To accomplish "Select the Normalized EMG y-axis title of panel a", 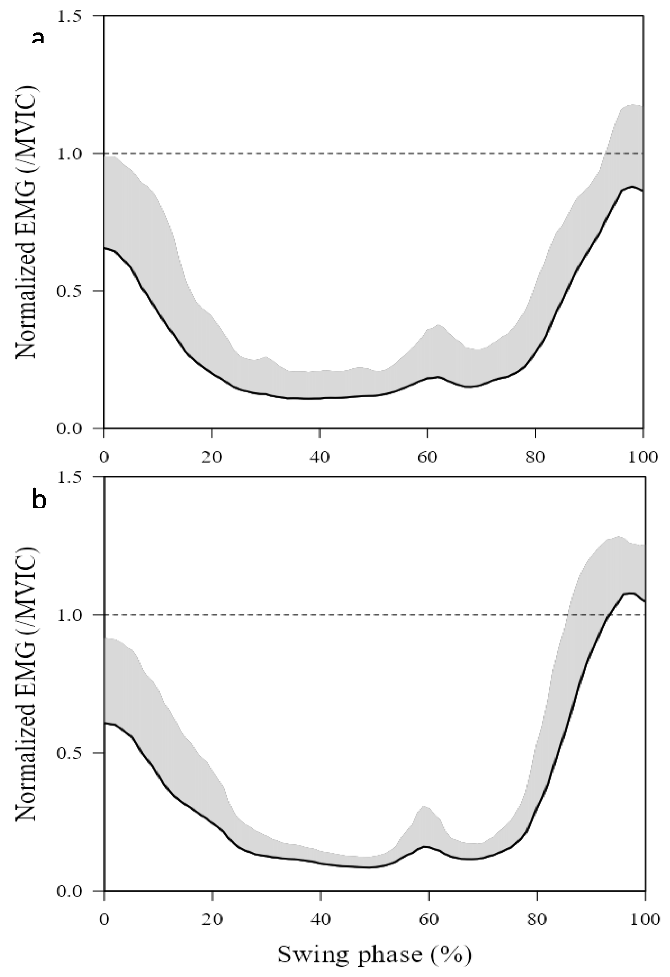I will click(26, 223).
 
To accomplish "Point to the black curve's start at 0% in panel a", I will click(105, 248).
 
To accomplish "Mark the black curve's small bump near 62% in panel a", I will click(438, 377).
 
